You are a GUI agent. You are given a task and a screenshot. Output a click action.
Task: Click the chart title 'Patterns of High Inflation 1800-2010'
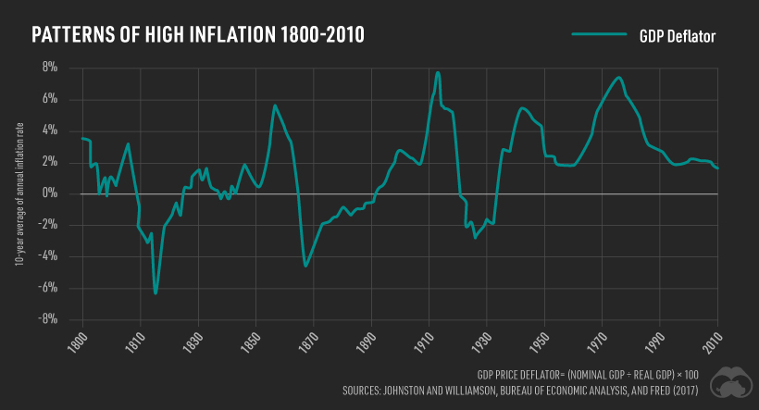(x=198, y=35)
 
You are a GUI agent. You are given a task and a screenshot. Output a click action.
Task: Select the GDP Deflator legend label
(x=679, y=36)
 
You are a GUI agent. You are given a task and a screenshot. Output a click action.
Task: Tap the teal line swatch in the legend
(x=601, y=36)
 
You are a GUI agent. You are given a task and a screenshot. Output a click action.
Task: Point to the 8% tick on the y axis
(x=48, y=68)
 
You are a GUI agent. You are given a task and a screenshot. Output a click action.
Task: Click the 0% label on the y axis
(x=48, y=193)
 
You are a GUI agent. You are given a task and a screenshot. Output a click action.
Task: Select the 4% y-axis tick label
(x=48, y=130)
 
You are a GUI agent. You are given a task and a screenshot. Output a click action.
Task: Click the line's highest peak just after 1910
(x=438, y=72)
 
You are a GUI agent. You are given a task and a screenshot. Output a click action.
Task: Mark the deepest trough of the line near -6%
(x=156, y=293)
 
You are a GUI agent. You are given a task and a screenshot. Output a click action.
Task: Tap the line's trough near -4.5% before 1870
(x=305, y=266)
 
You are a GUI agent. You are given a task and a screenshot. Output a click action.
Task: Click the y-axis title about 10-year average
(x=19, y=193)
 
